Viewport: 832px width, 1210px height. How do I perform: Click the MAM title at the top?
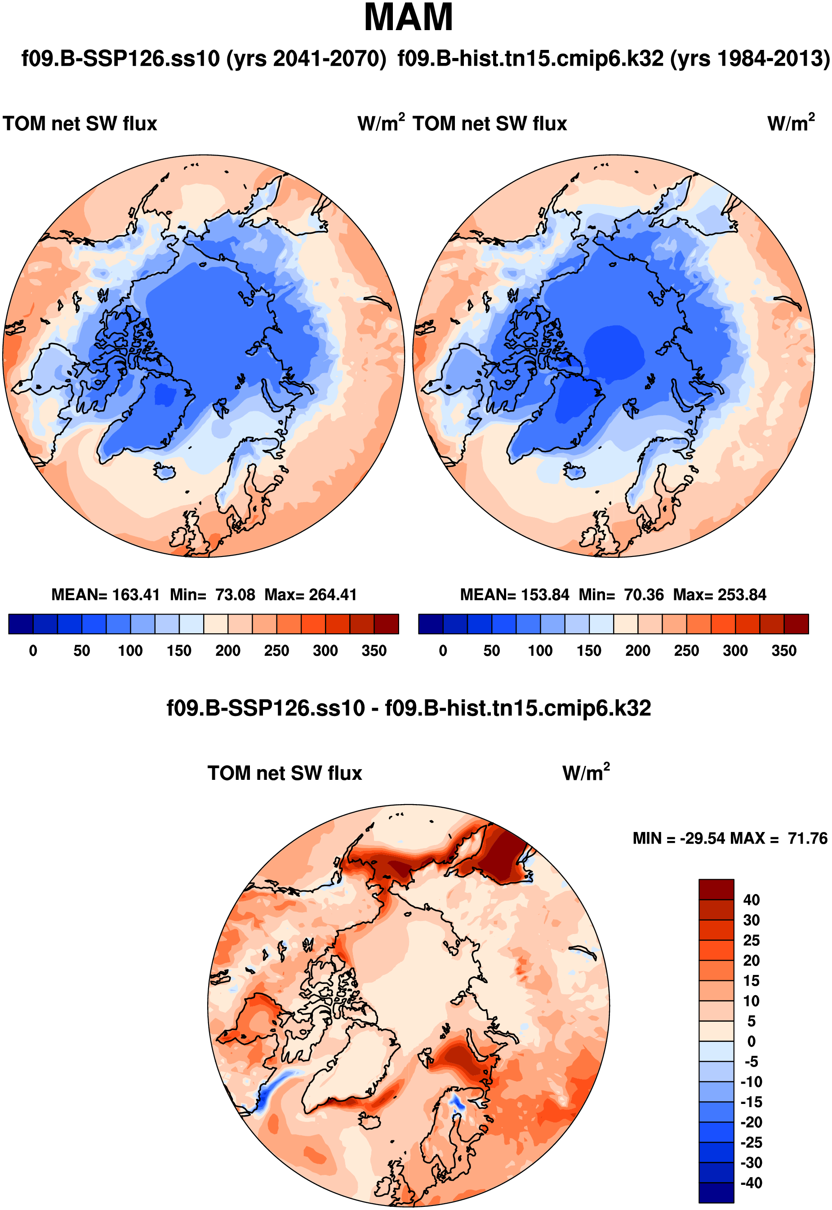point(408,18)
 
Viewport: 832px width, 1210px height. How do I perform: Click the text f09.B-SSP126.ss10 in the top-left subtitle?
point(120,58)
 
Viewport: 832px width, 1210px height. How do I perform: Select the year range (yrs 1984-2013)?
point(749,58)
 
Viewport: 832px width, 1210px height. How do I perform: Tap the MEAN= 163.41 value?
point(105,595)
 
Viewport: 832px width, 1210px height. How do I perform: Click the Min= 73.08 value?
point(213,595)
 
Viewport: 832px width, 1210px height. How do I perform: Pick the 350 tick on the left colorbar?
point(374,650)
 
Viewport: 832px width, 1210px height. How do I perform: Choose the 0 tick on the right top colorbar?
point(443,650)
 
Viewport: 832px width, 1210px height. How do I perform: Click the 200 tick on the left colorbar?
point(228,650)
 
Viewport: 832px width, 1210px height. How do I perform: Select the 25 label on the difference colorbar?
point(751,940)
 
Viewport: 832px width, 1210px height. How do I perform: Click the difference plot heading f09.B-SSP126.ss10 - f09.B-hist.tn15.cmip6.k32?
point(408,708)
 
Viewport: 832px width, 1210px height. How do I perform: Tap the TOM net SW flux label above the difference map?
point(285,773)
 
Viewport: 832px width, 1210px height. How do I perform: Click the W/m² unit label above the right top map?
point(790,123)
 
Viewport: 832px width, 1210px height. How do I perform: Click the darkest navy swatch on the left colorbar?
point(21,624)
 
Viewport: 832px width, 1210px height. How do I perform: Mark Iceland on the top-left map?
point(165,472)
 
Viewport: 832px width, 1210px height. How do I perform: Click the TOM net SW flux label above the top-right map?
point(489,124)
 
